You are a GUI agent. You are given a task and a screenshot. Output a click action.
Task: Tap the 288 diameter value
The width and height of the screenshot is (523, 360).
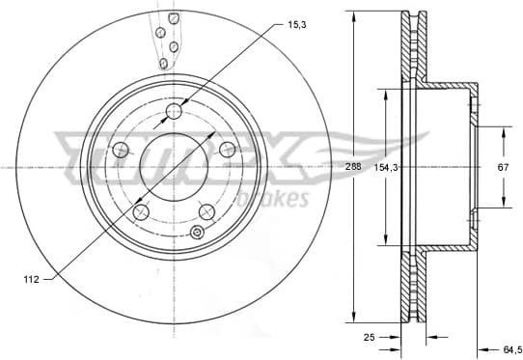(x=355, y=167)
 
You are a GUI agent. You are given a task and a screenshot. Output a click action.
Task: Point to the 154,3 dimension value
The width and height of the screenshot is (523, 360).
(x=386, y=167)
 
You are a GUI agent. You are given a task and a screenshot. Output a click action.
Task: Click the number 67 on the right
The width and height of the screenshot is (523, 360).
(x=503, y=167)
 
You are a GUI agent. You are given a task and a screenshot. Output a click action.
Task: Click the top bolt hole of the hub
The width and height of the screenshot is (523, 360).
(x=175, y=114)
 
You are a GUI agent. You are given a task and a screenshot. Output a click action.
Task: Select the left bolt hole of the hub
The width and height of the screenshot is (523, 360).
(x=122, y=151)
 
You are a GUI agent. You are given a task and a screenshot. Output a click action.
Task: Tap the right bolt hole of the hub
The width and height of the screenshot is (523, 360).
(x=228, y=149)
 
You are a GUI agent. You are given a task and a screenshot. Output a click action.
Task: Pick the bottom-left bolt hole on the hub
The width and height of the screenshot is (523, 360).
(x=142, y=212)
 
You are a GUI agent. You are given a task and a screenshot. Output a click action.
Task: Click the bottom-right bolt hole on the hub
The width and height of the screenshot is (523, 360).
(x=206, y=211)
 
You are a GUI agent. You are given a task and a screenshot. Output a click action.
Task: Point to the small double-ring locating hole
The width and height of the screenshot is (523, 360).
(x=197, y=232)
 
